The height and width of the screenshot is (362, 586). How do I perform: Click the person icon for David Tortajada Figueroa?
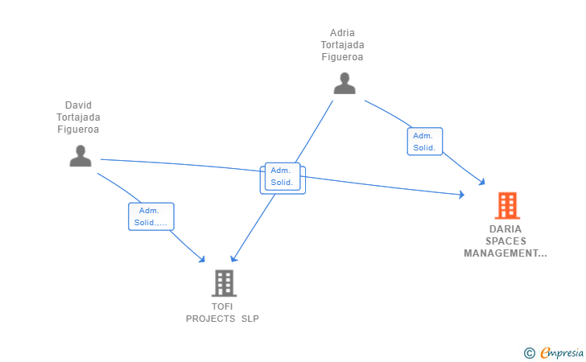[x=80, y=155]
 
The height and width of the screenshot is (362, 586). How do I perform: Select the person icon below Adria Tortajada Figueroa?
[x=345, y=84]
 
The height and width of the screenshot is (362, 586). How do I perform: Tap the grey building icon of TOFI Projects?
[x=224, y=283]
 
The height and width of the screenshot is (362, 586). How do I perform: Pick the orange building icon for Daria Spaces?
[x=506, y=206]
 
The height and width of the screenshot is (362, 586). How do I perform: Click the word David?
[x=78, y=105]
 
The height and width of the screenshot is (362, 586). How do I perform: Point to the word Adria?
[x=342, y=33]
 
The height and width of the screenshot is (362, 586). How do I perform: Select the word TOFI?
[x=222, y=306]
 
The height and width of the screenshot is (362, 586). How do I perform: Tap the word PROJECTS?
[x=210, y=319]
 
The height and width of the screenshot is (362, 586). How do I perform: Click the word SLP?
[x=250, y=319]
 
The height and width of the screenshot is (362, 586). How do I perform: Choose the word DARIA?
[x=506, y=228]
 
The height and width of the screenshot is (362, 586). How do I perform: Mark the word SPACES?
[x=506, y=241]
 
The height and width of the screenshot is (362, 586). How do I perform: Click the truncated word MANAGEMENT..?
[x=505, y=253]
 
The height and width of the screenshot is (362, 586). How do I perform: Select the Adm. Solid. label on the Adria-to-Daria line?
[x=424, y=142]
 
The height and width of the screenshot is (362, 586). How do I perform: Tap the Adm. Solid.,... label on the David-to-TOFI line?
[x=151, y=216]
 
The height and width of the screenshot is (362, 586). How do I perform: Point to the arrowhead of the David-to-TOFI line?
[x=203, y=259]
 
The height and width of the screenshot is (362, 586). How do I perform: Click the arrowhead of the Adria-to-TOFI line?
[x=233, y=258]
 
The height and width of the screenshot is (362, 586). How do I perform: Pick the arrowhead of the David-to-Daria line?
[x=461, y=195]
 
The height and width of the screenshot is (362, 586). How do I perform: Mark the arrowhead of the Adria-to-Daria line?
[x=482, y=183]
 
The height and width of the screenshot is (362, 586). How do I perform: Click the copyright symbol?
[x=529, y=352]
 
